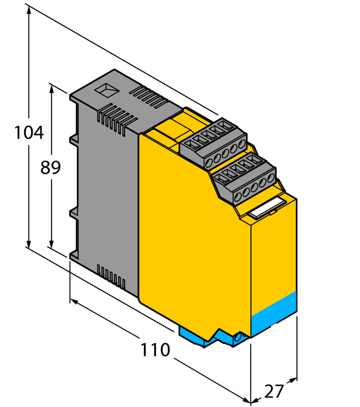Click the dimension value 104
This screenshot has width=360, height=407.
[x=28, y=132]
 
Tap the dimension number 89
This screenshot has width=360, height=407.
[x=50, y=167]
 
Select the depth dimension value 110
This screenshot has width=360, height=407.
[x=155, y=350]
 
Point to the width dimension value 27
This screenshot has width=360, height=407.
[x=273, y=391]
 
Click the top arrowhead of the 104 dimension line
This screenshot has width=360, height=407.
[x=28, y=10]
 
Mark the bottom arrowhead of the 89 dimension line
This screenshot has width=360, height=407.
[x=51, y=244]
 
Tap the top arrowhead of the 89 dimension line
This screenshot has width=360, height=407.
[x=51, y=88]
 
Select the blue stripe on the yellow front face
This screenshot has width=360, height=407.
[x=273, y=313]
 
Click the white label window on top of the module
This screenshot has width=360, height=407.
[x=267, y=207]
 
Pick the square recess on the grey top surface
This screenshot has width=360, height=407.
[x=106, y=90]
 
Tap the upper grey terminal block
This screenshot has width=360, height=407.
[x=214, y=143]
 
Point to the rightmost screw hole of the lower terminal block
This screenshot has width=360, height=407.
[x=271, y=178]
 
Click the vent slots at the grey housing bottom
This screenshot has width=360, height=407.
[x=111, y=277]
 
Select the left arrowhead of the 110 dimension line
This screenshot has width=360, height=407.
[x=74, y=302]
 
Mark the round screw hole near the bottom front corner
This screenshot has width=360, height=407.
[x=237, y=338]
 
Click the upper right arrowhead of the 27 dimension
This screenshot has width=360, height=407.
[x=292, y=380]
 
